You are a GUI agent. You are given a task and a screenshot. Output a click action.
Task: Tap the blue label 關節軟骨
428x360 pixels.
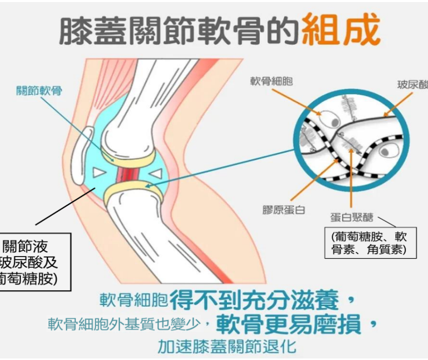(39, 91)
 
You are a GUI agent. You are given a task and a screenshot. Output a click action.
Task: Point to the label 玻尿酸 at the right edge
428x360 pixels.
(412, 84)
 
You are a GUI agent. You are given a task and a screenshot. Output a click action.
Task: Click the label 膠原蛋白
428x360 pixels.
(284, 210)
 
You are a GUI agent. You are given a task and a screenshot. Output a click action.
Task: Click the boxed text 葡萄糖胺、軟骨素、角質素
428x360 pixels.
(369, 243)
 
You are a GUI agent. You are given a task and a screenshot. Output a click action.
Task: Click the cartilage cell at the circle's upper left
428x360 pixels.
(328, 118)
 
